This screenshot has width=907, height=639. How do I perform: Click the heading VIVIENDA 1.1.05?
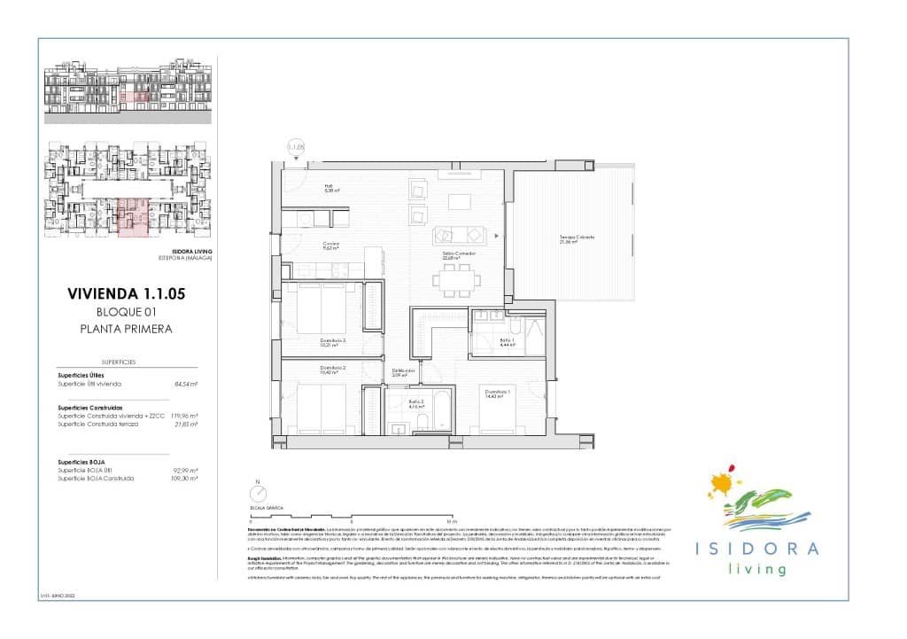click(x=127, y=294)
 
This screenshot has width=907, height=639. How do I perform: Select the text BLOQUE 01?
click(x=127, y=311)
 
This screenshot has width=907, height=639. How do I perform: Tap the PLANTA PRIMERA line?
click(x=127, y=328)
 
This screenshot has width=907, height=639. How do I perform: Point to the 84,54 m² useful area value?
click(x=184, y=385)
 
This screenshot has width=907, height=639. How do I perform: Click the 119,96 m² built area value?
click(x=182, y=416)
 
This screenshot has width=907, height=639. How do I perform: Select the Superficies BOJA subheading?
click(x=84, y=462)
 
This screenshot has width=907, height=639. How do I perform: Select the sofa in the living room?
click(x=459, y=235)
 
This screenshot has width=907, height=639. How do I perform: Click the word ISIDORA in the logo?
click(x=755, y=549)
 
